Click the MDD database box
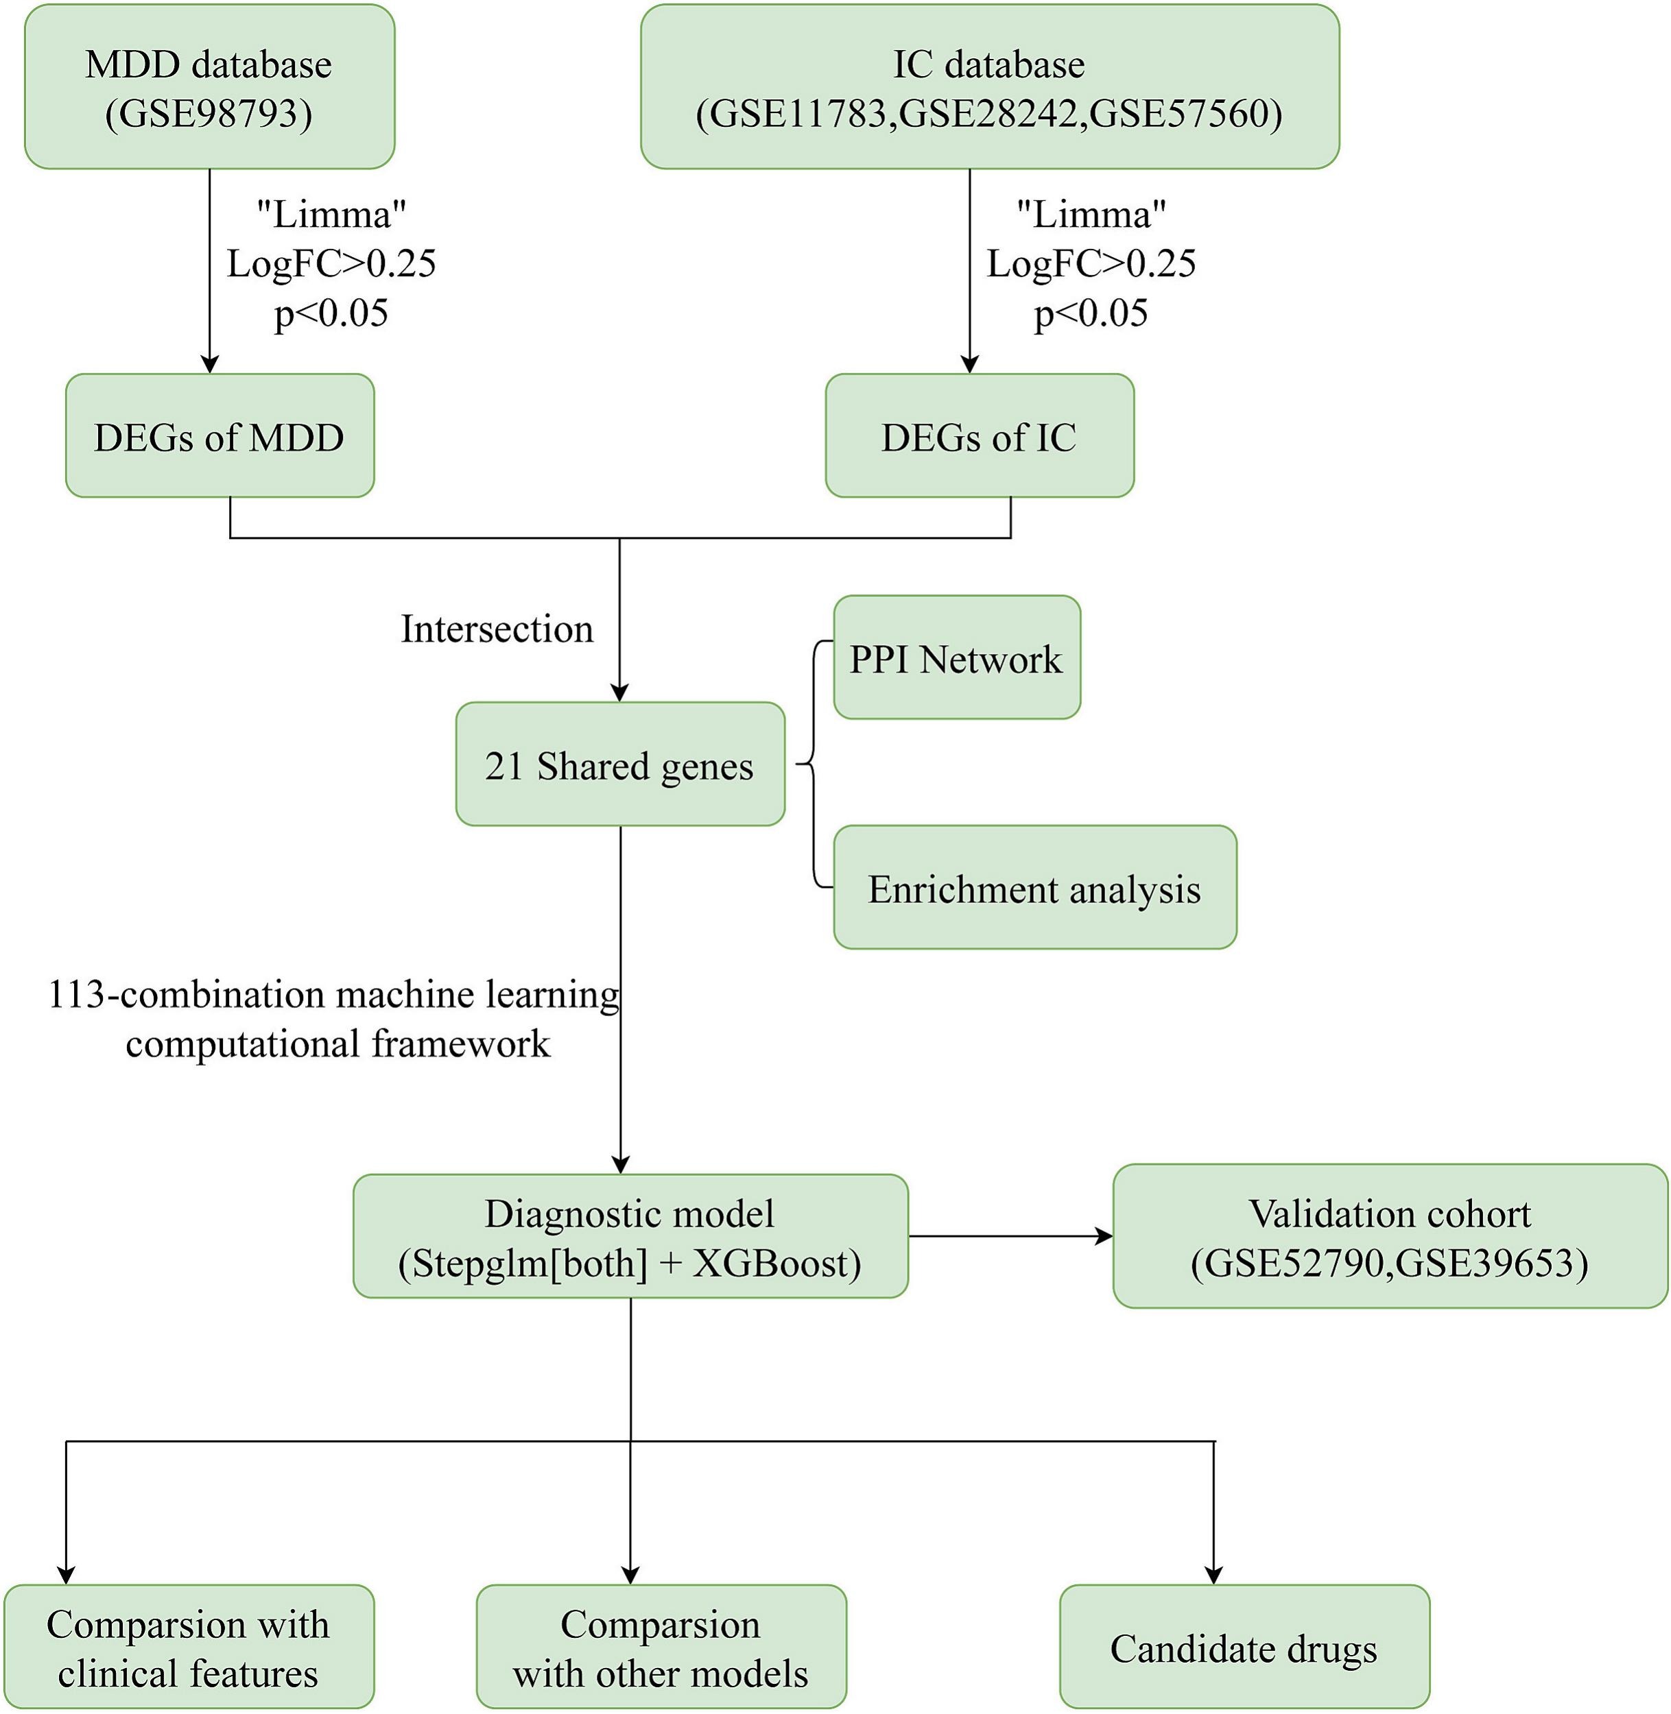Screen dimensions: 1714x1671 click(x=209, y=88)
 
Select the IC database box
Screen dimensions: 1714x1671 click(x=989, y=88)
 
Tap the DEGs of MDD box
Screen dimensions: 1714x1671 click(x=220, y=436)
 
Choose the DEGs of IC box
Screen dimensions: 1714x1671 click(x=979, y=436)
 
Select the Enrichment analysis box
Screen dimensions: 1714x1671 click(x=1034, y=888)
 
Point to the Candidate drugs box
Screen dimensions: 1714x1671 click(x=1244, y=1647)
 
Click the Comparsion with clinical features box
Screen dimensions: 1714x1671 click(x=189, y=1647)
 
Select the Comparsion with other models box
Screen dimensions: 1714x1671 click(x=661, y=1647)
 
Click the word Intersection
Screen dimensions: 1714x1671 click(x=497, y=629)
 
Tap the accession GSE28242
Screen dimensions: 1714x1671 click(x=989, y=114)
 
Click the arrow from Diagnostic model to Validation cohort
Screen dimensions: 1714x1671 click(x=1009, y=1237)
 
